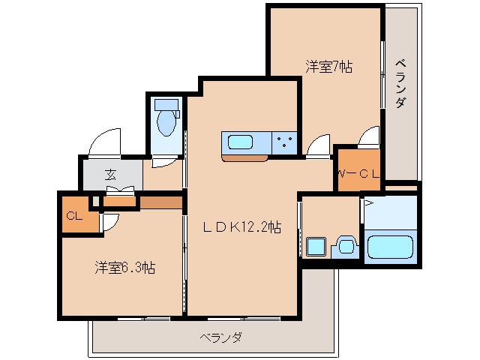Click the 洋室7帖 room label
[328, 67]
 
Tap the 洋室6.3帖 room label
[124, 267]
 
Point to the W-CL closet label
[358, 174]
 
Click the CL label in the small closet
[73, 216]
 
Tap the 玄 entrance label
[110, 175]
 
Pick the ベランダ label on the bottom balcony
[220, 337]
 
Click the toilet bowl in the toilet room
[166, 120]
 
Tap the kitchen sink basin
[241, 142]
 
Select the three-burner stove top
[285, 142]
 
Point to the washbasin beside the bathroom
[345, 245]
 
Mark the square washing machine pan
[315, 246]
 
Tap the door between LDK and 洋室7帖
[318, 146]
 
